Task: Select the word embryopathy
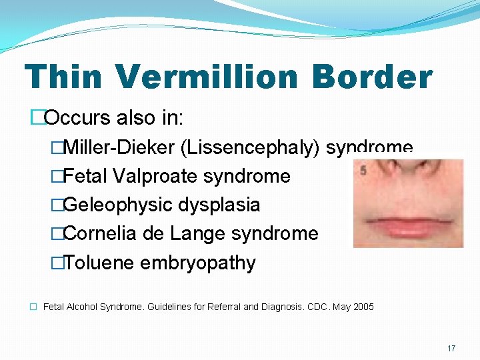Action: pyautogui.click(x=198, y=263)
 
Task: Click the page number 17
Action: pyautogui.click(x=451, y=348)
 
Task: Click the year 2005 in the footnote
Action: pyautogui.click(x=363, y=307)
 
